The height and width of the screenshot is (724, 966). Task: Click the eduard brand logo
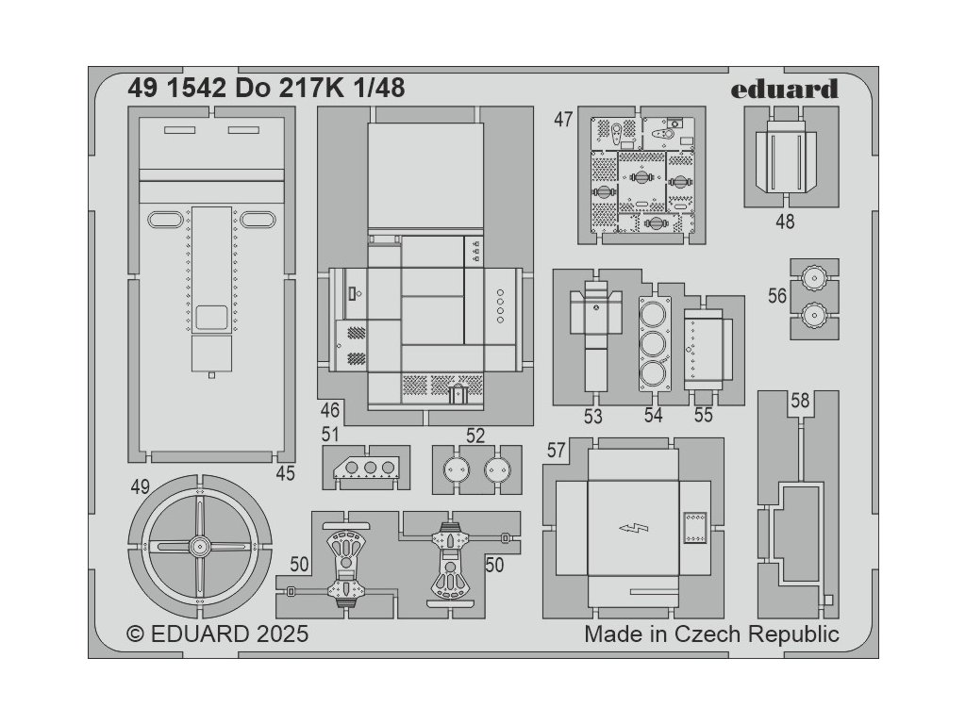783,90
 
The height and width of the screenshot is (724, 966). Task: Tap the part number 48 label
784,222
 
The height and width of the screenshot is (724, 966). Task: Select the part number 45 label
286,474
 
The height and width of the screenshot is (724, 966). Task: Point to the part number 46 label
329,410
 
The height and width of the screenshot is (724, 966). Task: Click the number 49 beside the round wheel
141,486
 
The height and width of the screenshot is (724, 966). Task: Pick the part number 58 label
800,401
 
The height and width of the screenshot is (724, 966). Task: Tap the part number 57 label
556,452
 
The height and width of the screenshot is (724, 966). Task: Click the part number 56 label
776,296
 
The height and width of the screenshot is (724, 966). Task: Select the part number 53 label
592,416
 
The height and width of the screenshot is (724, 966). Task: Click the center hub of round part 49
199,545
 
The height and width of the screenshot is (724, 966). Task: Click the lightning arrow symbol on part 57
628,529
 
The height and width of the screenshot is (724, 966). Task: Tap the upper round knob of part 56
812,278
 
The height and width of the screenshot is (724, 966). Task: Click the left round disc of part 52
457,469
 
